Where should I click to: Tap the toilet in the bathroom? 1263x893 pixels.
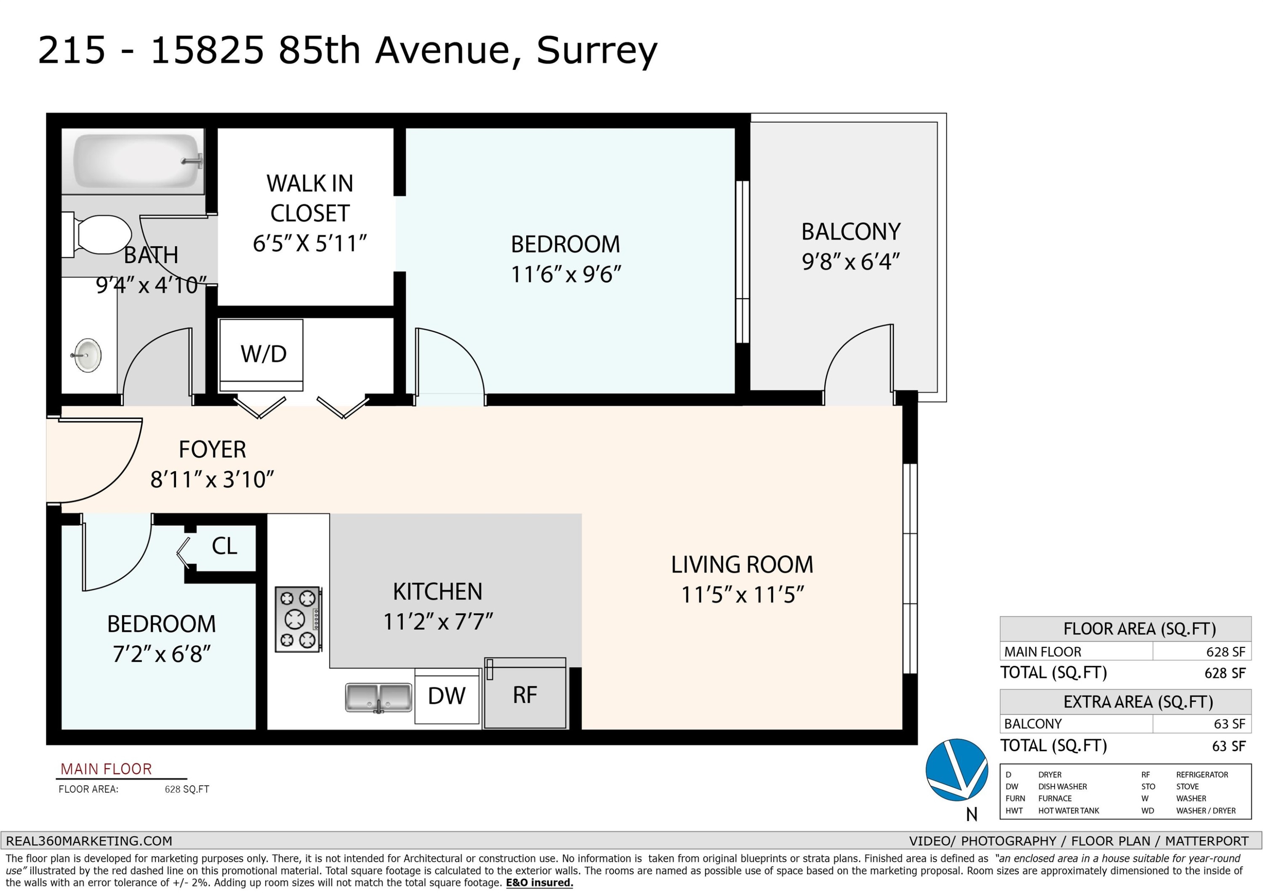[x=97, y=235]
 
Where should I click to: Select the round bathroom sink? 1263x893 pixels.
[x=88, y=355]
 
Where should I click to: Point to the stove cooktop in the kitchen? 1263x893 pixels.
[x=298, y=620]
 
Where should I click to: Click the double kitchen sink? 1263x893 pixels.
[x=378, y=698]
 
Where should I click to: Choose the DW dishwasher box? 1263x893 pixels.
[x=447, y=696]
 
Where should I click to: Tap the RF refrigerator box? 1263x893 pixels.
[x=525, y=693]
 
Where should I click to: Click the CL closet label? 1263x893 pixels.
[x=224, y=546]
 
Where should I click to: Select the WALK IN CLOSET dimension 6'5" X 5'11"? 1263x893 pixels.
[x=310, y=243]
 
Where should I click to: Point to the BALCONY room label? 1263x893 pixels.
[x=850, y=232]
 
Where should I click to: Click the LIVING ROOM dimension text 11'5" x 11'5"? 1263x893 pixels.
[x=743, y=595]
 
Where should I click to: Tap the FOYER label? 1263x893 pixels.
[x=212, y=450]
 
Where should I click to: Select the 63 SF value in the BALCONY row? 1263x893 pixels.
[x=1229, y=724]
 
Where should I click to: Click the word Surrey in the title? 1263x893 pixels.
[x=597, y=51]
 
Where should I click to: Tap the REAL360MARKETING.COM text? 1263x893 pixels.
[x=89, y=841]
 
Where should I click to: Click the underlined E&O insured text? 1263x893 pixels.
[x=540, y=883]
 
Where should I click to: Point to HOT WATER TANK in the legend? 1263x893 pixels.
[x=1068, y=810]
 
